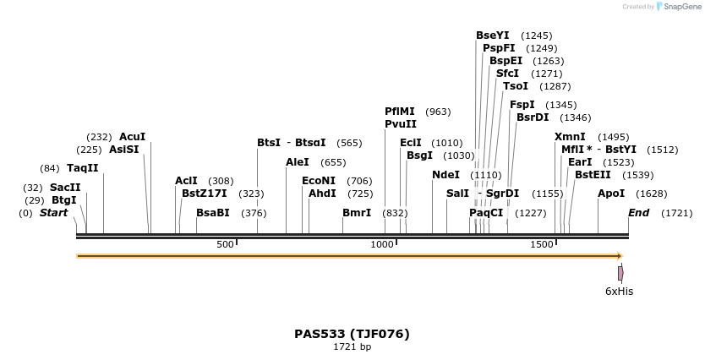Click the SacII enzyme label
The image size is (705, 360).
pos(65,187)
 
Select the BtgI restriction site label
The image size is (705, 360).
pos(64,199)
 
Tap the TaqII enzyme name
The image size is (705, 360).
pos(83,167)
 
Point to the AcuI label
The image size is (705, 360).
pos(132,136)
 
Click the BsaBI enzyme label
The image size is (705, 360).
pos(213,212)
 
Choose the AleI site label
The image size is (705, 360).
pos(298,161)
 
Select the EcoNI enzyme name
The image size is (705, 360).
pos(319,180)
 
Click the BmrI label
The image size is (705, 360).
pos(357,212)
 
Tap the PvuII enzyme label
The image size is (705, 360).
pos(401,123)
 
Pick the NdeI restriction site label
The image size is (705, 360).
pos(445,174)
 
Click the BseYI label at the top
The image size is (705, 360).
pos(493,35)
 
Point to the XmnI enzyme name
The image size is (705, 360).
pos(570,136)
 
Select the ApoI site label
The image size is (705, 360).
pos(611,193)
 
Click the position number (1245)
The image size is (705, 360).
pos(537,35)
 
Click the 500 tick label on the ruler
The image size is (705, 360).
pos(225,244)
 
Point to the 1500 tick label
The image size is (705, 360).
pos(542,244)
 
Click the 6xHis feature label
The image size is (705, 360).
pos(619,292)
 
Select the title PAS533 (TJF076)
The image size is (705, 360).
pos(352,334)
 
